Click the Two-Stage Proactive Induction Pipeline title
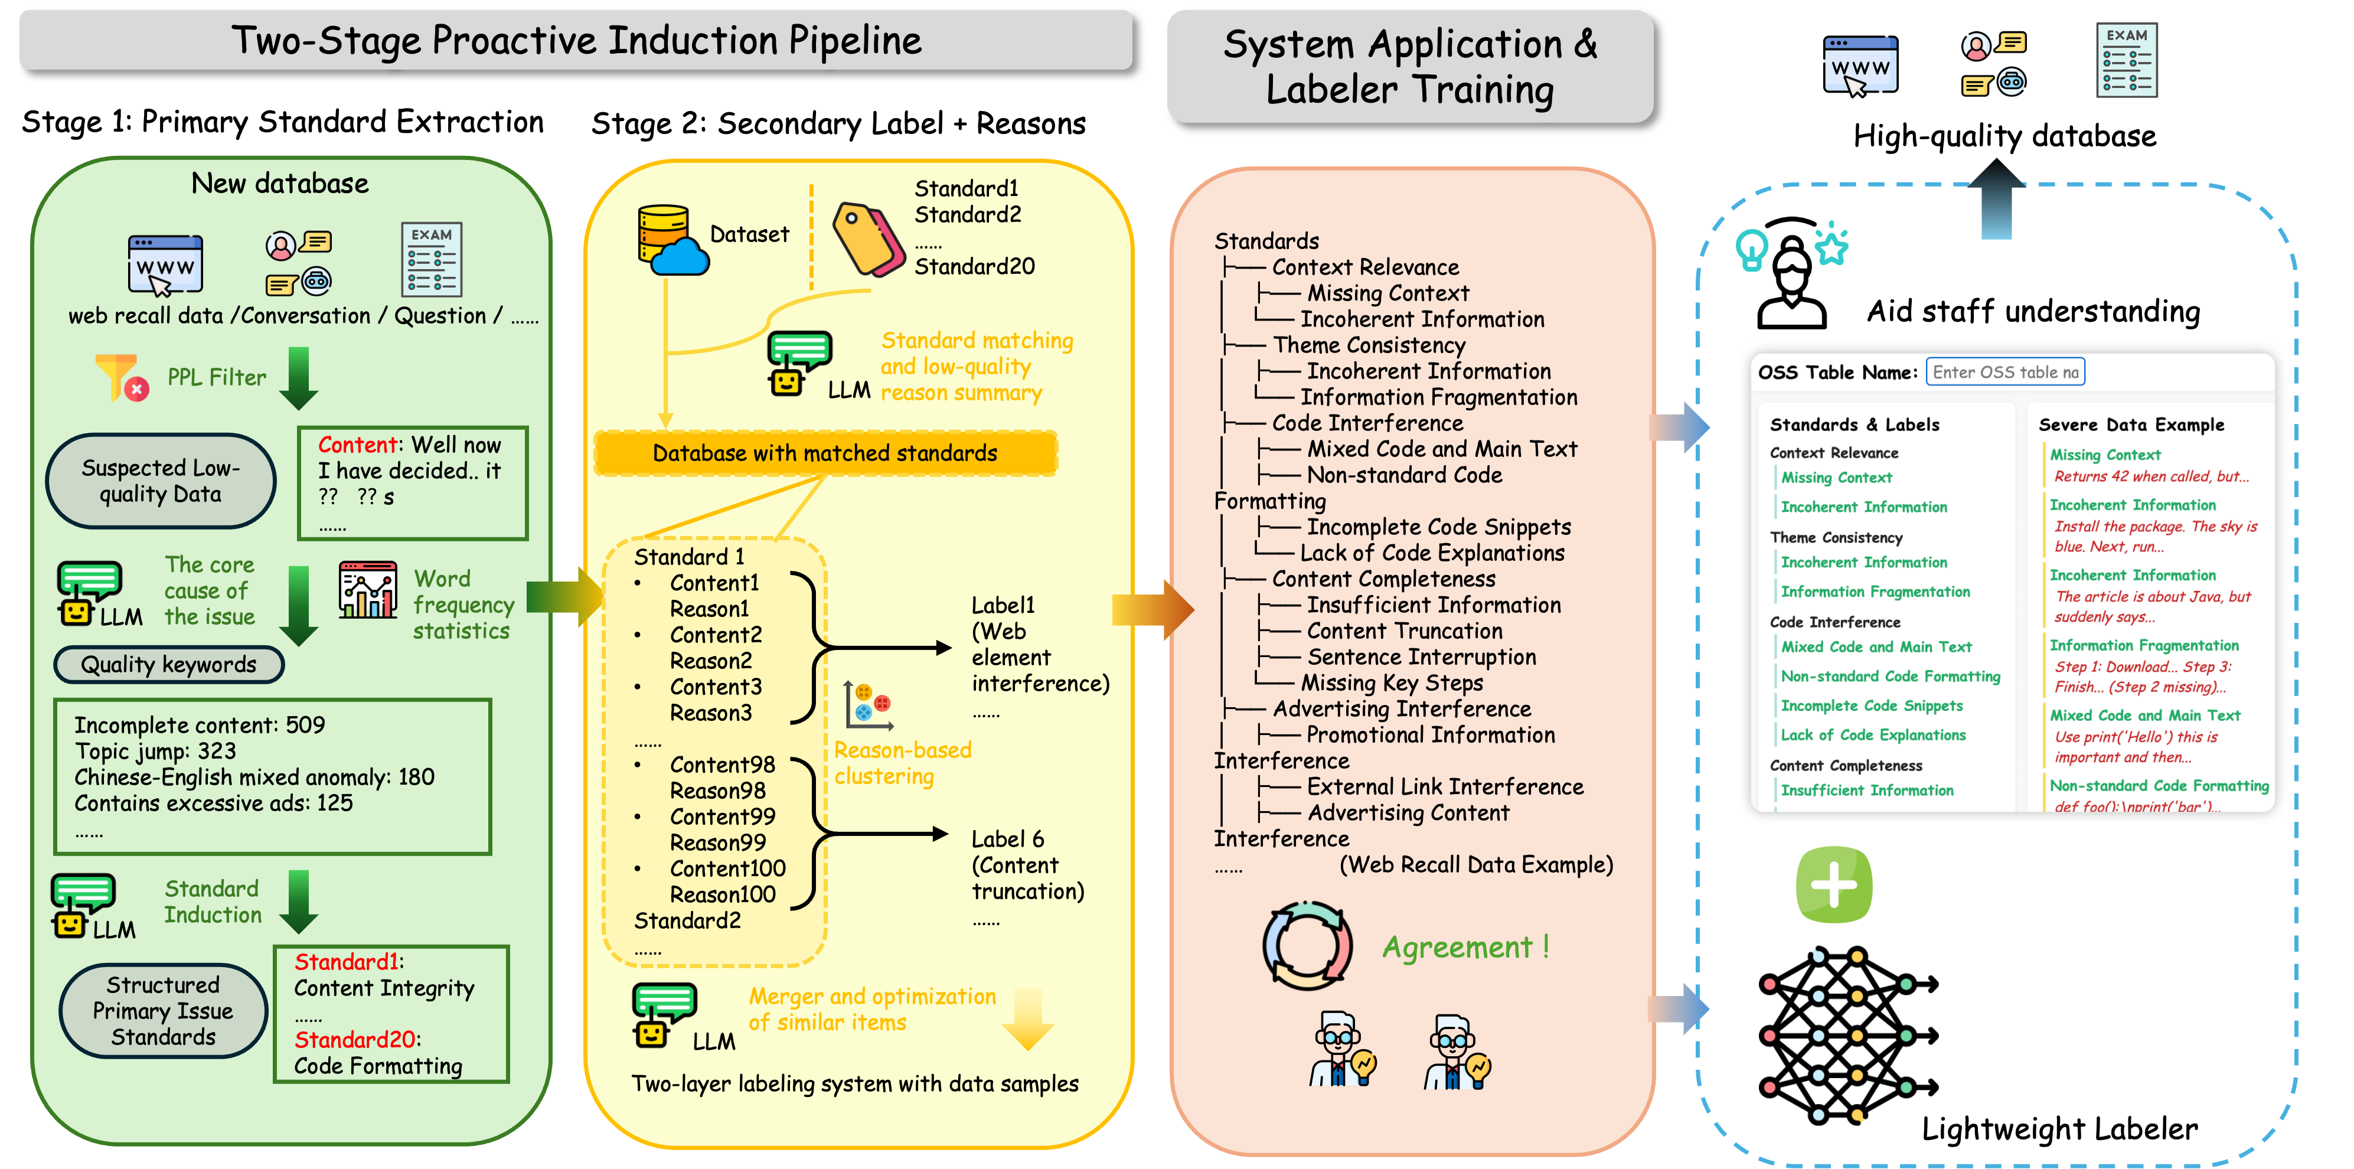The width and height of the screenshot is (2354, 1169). coord(576,40)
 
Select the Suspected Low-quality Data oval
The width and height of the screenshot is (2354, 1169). coord(161,481)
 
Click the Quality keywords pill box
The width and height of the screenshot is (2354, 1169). coord(169,664)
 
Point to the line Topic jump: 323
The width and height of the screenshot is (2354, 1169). coord(155,752)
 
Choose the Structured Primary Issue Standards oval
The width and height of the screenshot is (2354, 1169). coord(162,1011)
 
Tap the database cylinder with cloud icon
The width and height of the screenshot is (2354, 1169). coord(670,240)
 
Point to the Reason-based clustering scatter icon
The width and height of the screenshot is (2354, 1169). coord(868,706)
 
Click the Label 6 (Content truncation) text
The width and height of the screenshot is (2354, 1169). coord(1027,864)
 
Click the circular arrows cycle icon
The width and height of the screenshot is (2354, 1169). coord(1307,946)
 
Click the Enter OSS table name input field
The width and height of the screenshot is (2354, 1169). coord(2005,372)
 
